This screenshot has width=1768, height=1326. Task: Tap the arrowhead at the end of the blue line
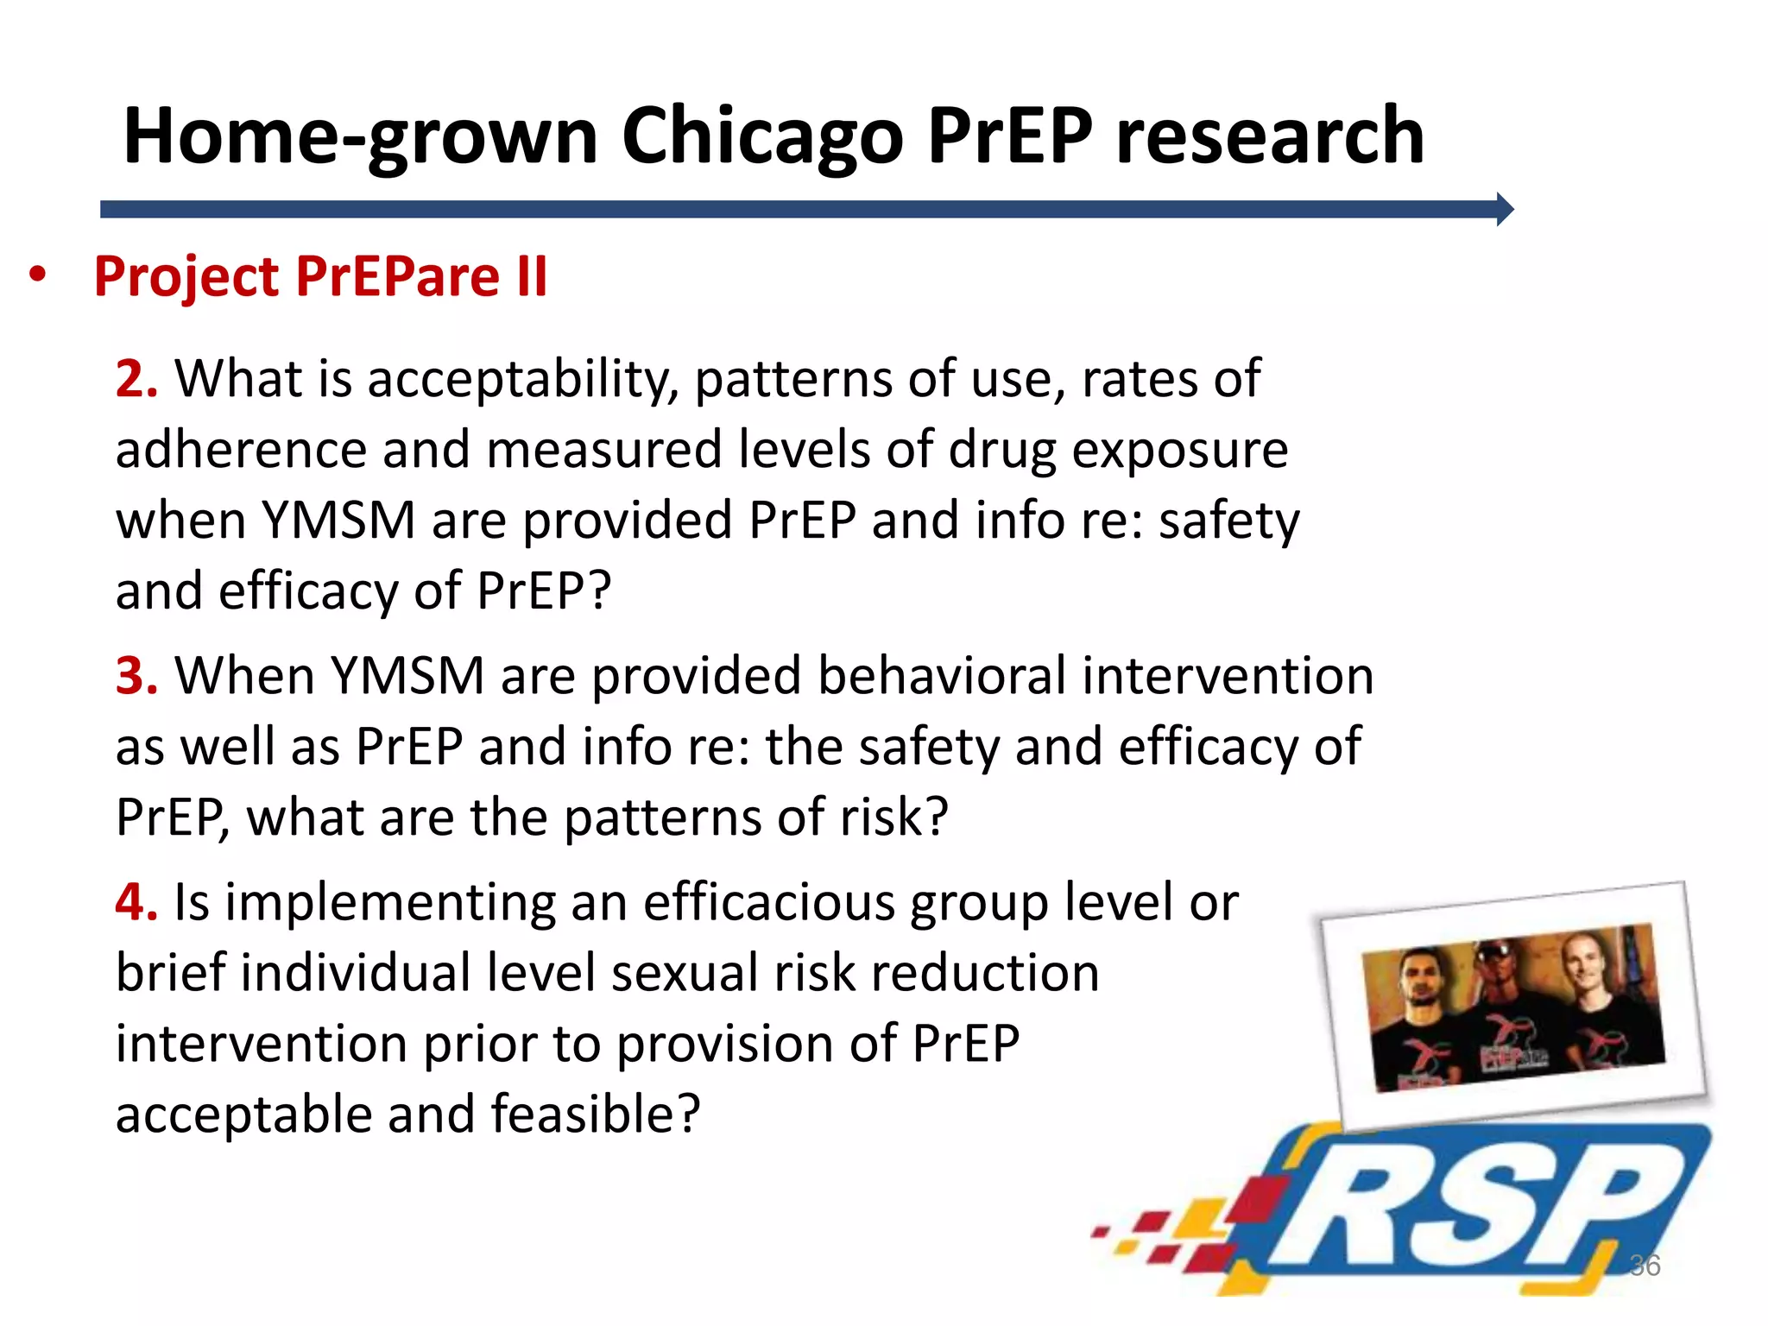coord(1504,210)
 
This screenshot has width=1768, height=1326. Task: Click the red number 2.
coord(136,379)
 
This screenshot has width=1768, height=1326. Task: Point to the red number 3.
coord(136,676)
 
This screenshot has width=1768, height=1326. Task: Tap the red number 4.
coord(136,903)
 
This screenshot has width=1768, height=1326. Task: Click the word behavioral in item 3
coord(941,676)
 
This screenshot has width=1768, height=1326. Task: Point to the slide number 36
coord(1644,1266)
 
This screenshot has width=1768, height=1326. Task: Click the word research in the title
coord(1269,136)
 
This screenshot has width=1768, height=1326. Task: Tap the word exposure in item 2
coord(1179,450)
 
